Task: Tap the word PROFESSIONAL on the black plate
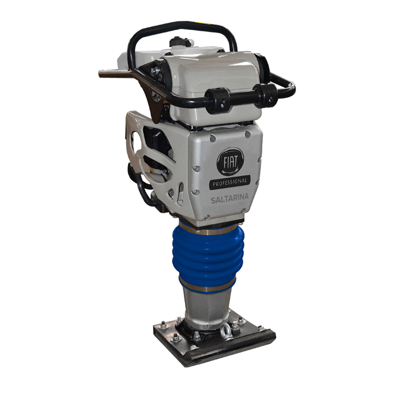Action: tap(229, 182)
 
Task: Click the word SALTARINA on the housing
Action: tap(229, 198)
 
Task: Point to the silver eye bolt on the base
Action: tap(224, 331)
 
